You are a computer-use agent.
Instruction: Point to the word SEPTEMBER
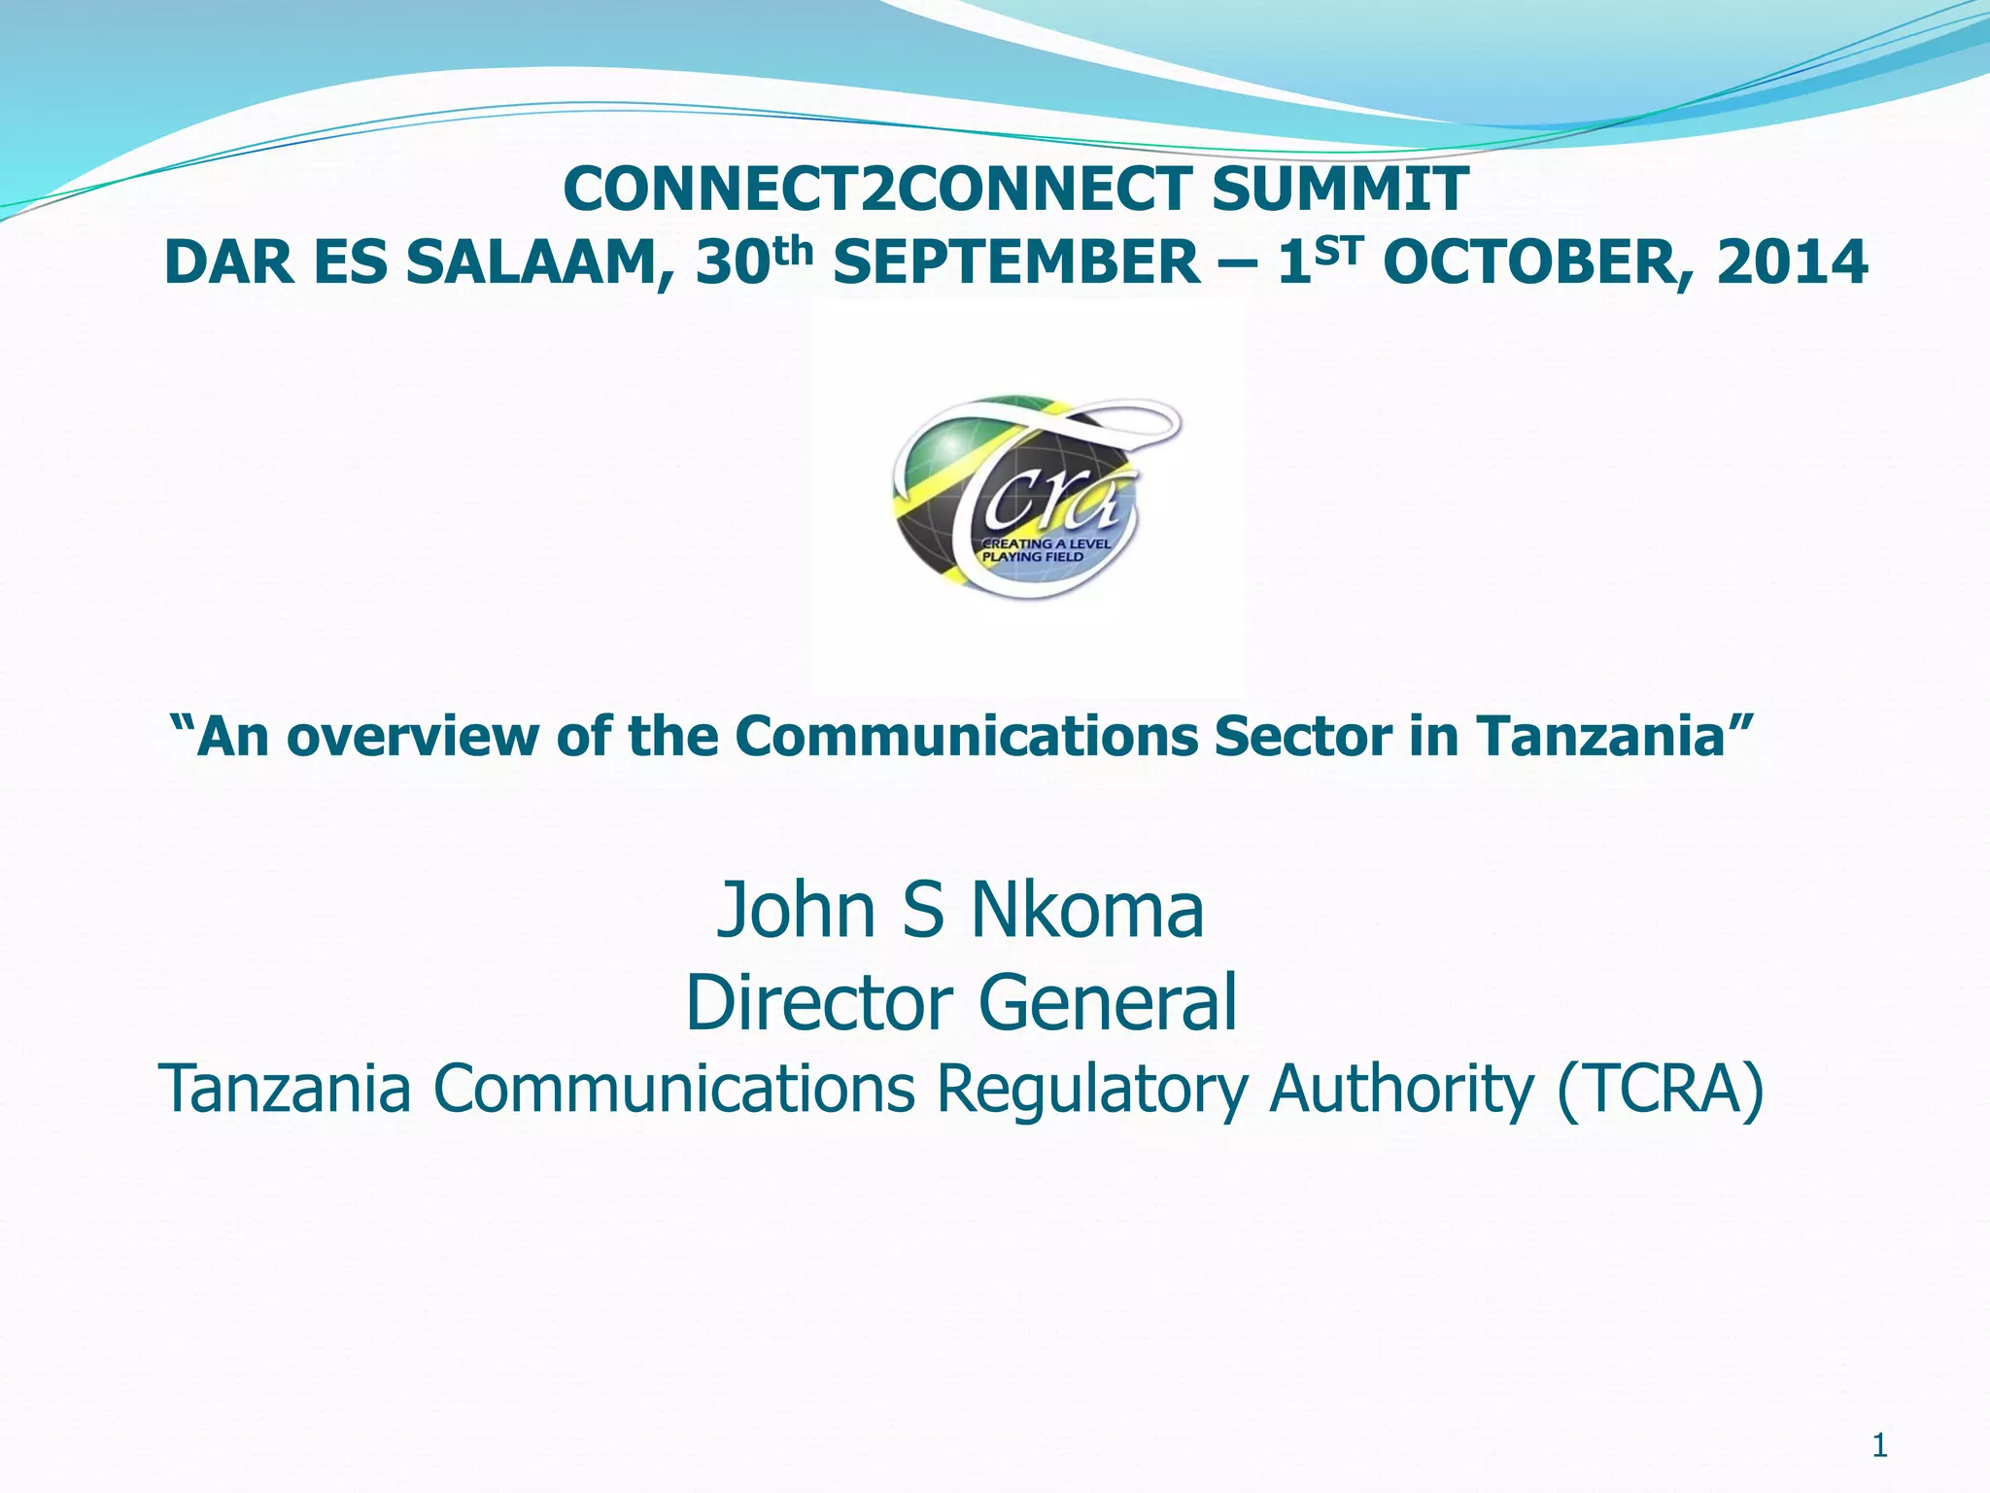(x=1016, y=263)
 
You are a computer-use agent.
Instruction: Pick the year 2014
(x=1792, y=263)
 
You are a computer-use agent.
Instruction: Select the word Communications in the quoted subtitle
(x=966, y=736)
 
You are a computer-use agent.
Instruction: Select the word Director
(x=822, y=1003)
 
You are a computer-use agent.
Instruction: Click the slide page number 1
(x=1879, y=1447)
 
